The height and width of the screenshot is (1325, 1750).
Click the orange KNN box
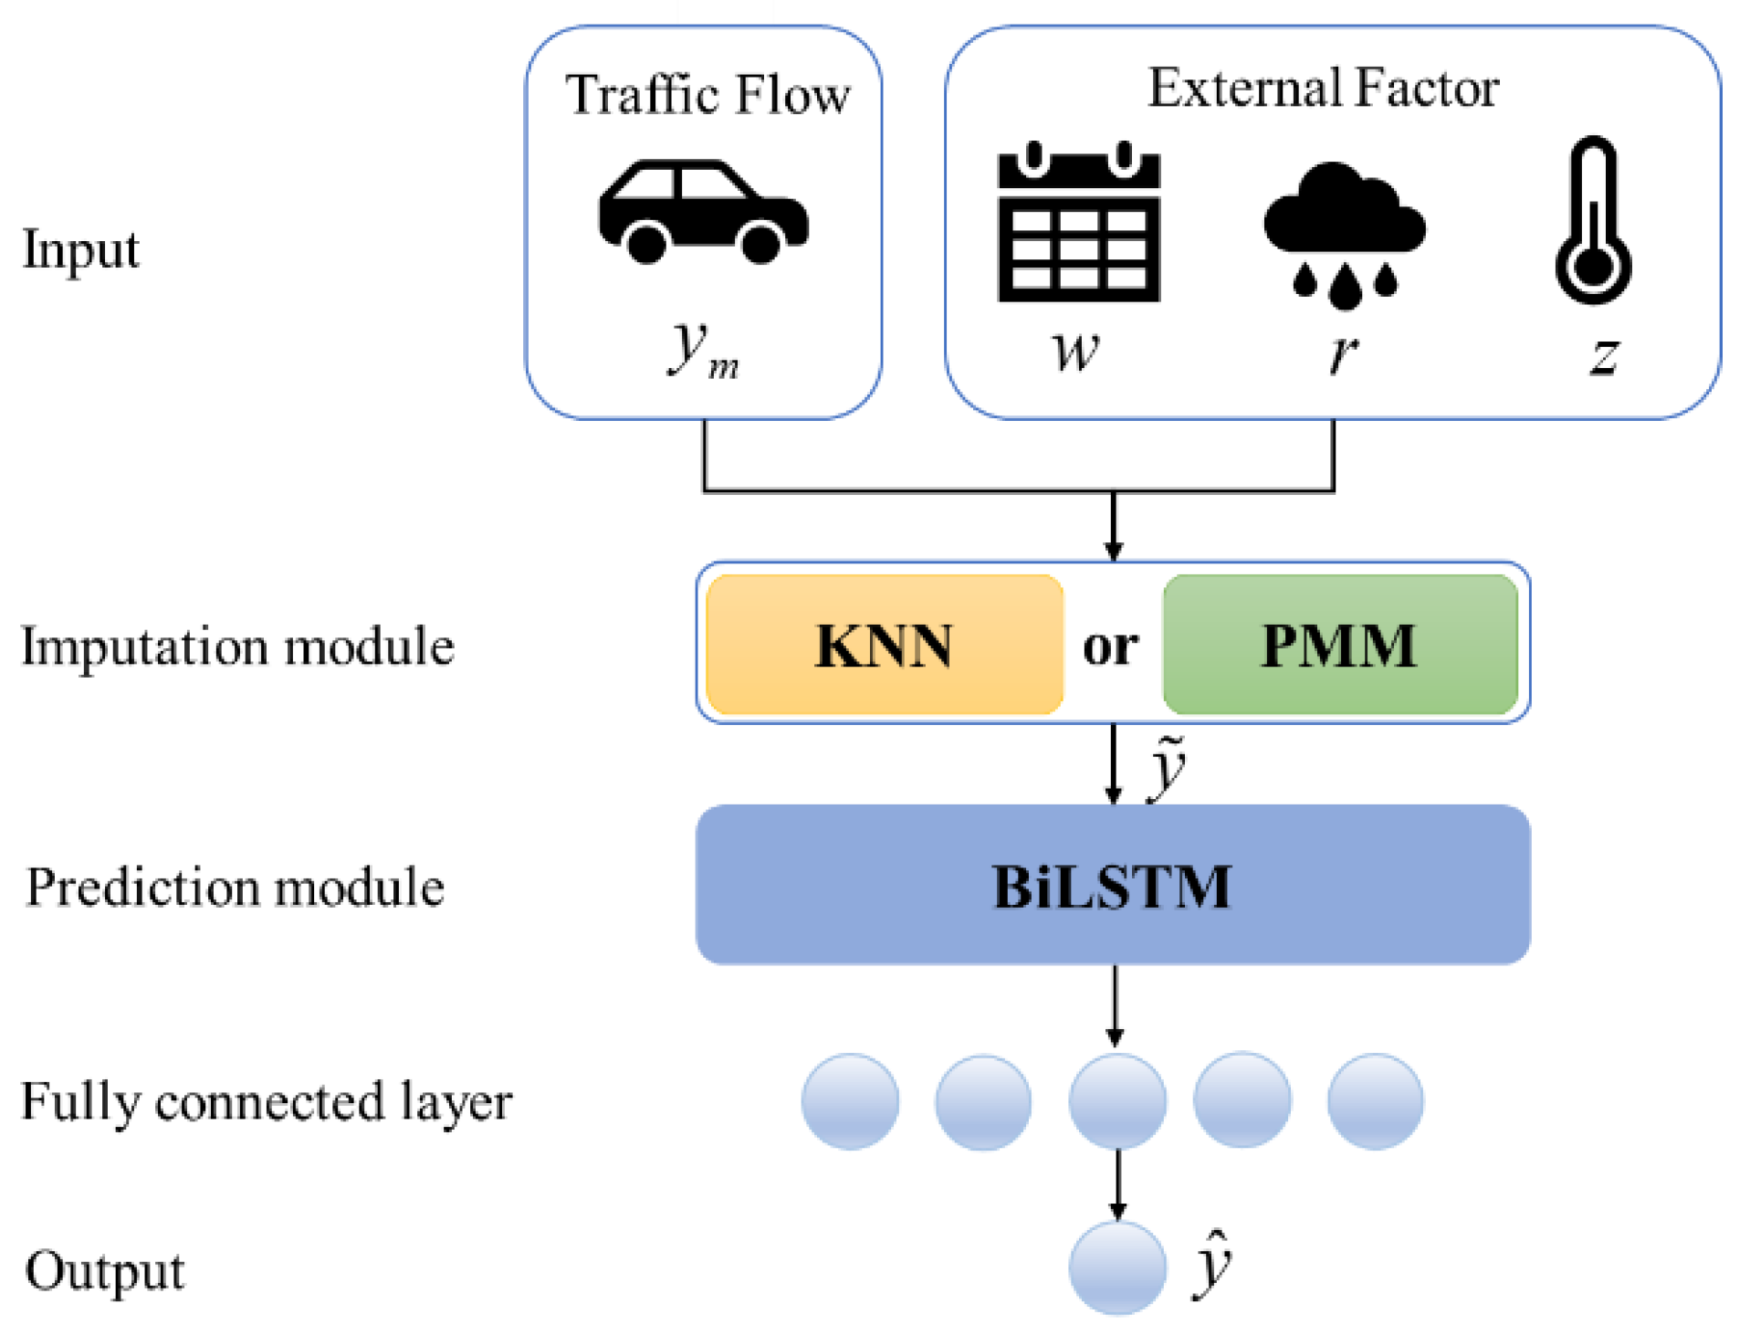click(884, 645)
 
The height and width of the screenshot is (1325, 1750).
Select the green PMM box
click(1339, 645)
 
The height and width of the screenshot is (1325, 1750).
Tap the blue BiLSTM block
click(1112, 884)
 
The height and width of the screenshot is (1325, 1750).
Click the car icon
click(703, 213)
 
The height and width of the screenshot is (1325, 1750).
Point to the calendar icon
click(1078, 224)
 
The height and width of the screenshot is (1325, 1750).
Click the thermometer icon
click(1593, 222)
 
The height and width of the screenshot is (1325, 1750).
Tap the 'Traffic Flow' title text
click(707, 95)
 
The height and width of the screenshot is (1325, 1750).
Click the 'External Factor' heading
click(1322, 89)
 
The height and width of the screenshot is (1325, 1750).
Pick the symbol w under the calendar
click(1075, 351)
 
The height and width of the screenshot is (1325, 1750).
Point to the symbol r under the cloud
click(1342, 352)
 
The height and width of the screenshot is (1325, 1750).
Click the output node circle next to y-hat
click(1116, 1267)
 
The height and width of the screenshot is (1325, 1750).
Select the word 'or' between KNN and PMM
click(1110, 647)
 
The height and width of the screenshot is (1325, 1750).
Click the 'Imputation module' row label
click(237, 647)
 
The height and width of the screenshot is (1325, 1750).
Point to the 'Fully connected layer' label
click(266, 1101)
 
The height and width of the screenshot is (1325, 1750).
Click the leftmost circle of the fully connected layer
click(850, 1101)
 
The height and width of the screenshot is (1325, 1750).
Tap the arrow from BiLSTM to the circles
click(1115, 1004)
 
